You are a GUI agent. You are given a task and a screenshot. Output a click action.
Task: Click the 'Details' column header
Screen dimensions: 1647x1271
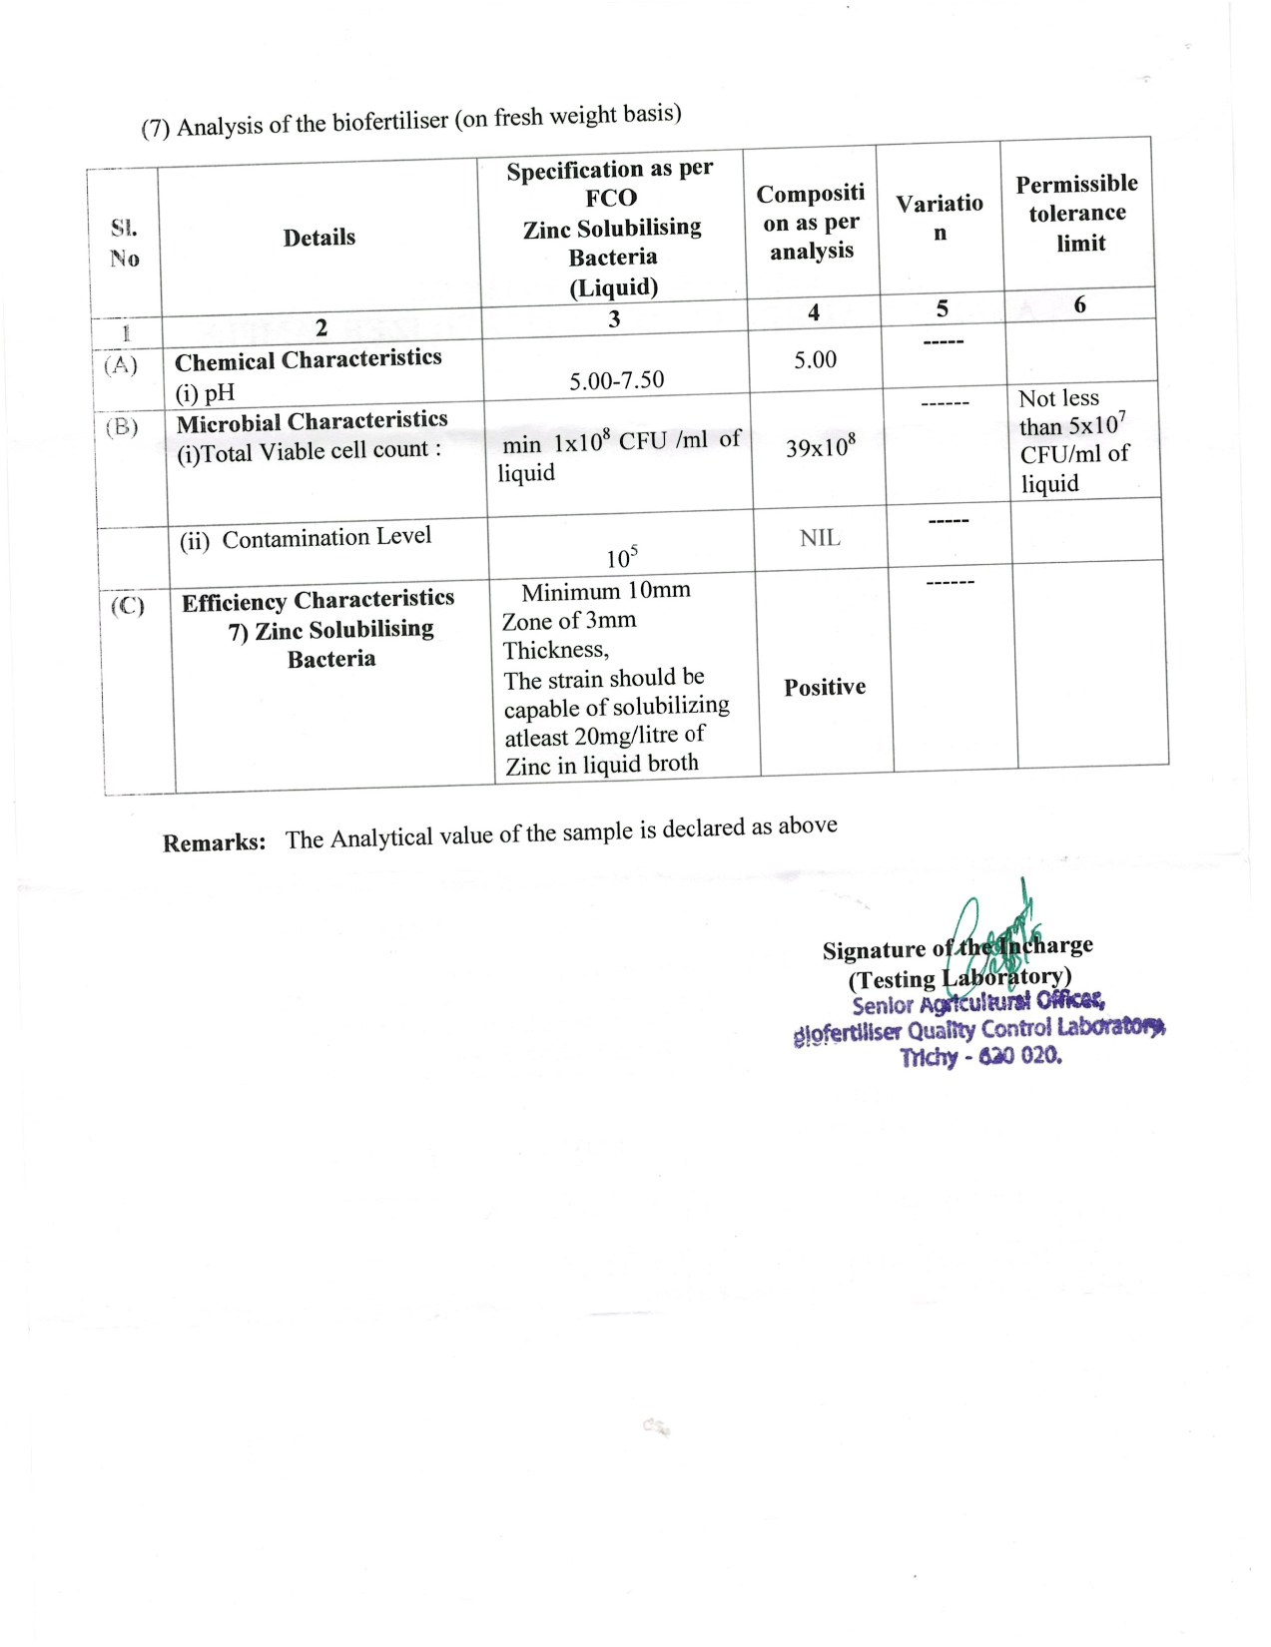click(318, 238)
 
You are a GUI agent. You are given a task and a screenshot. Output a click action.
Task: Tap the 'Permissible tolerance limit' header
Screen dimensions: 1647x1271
click(1077, 213)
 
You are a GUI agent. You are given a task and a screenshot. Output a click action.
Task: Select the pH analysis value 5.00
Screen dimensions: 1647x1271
click(815, 359)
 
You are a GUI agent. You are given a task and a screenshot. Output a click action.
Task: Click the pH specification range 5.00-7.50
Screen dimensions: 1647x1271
click(616, 380)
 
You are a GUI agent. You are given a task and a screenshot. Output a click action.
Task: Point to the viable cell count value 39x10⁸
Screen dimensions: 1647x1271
click(820, 446)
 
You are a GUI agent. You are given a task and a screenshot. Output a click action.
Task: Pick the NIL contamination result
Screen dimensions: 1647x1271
click(819, 538)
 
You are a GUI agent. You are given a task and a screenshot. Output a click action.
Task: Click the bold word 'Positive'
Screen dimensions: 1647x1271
click(824, 687)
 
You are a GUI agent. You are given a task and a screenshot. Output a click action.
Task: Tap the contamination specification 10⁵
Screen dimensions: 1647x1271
click(621, 557)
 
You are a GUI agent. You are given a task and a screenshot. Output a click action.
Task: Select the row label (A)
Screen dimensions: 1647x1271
click(121, 365)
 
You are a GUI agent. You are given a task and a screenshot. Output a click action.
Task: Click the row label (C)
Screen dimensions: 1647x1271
click(128, 605)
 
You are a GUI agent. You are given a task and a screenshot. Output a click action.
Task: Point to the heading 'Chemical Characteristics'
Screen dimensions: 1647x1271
click(308, 359)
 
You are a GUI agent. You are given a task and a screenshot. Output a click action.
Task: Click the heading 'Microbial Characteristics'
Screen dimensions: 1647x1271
click(312, 421)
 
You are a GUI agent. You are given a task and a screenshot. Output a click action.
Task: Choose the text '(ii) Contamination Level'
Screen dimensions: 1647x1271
click(306, 538)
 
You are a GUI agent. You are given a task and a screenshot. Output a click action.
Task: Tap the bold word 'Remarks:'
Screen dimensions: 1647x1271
click(215, 842)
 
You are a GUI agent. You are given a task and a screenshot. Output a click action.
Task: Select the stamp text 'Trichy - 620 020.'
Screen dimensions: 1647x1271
click(980, 1056)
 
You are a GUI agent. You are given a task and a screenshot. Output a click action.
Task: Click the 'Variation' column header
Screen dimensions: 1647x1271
click(939, 217)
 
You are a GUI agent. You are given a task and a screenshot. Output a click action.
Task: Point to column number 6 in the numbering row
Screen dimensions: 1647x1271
click(1079, 304)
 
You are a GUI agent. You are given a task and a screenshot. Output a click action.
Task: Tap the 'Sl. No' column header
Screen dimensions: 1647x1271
click(124, 243)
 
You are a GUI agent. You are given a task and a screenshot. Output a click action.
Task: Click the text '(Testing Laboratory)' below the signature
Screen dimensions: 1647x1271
click(959, 977)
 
